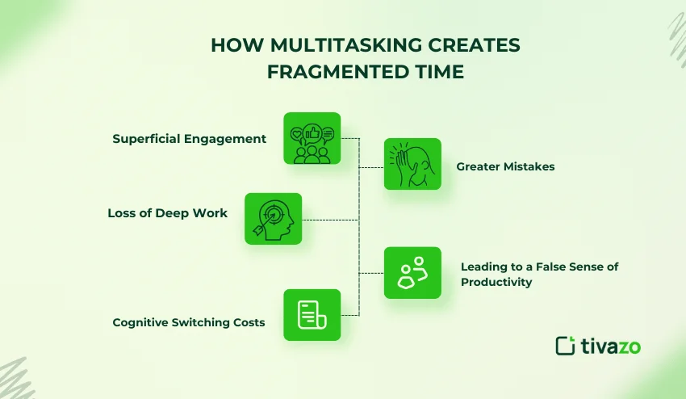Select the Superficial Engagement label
click(x=190, y=139)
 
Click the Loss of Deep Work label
click(x=168, y=214)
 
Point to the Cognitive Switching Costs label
click(x=189, y=323)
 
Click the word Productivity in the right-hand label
click(x=498, y=282)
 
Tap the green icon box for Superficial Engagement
click(x=312, y=138)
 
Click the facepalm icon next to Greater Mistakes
click(x=412, y=164)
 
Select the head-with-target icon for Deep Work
click(x=273, y=218)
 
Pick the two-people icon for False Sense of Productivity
click(x=412, y=273)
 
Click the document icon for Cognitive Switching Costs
click(x=312, y=315)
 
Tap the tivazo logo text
click(x=611, y=346)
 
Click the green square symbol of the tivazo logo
click(x=565, y=346)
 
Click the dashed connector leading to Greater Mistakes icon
click(x=371, y=167)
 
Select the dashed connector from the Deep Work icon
click(x=330, y=219)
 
